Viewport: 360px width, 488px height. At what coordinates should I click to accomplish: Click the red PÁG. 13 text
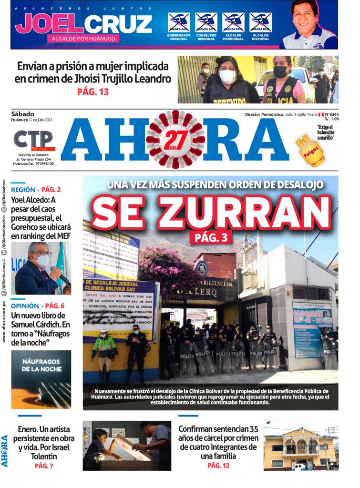click(x=93, y=92)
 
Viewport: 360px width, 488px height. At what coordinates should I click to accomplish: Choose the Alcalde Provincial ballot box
click(x=233, y=22)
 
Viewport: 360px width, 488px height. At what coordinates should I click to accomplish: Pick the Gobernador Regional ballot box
click(x=179, y=22)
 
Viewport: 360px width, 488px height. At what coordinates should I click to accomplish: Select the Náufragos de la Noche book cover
click(x=41, y=379)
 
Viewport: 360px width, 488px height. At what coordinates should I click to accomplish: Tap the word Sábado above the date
click(x=23, y=114)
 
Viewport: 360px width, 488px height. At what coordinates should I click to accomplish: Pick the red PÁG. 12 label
click(x=218, y=465)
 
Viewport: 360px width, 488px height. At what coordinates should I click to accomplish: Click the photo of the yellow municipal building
click(x=300, y=446)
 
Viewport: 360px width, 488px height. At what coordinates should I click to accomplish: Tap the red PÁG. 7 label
click(x=44, y=466)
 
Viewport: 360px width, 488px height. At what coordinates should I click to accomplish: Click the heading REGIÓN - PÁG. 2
click(x=36, y=189)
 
